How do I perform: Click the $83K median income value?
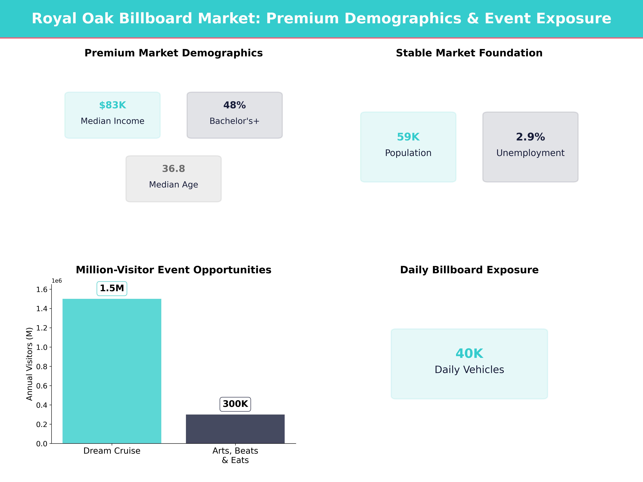[113, 105]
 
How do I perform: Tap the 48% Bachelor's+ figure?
[234, 105]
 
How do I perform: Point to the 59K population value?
[408, 137]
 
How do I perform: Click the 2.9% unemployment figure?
[530, 137]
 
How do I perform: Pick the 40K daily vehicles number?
[469, 354]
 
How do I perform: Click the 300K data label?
[235, 404]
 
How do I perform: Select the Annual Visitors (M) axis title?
[29, 364]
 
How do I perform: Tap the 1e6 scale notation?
[57, 281]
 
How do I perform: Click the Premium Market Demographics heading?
[173, 53]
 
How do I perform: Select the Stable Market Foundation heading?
[469, 53]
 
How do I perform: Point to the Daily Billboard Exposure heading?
[469, 270]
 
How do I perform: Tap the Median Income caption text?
[113, 121]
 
